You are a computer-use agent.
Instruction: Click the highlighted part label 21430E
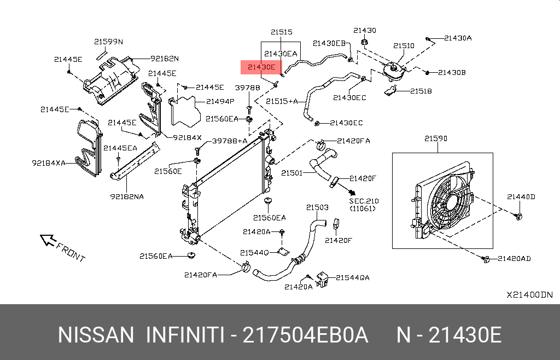tap(260, 67)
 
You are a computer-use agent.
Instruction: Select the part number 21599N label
tap(108, 42)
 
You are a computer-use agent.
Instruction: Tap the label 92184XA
tap(49, 162)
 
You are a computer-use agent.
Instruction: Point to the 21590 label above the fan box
tap(435, 138)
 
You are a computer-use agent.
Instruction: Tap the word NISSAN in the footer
tap(95, 335)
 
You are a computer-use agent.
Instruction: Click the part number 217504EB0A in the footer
tap(305, 335)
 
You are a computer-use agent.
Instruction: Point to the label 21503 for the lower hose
tap(317, 207)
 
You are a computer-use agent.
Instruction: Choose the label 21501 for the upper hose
tap(291, 173)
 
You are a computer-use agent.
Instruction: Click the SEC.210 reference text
tap(364, 201)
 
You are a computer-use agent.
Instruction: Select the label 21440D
tap(521, 196)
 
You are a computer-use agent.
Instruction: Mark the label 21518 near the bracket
tap(421, 91)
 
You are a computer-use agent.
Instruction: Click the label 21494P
tap(220, 101)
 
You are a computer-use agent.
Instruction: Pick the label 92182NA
tap(127, 196)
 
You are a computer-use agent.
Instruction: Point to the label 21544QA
tap(352, 277)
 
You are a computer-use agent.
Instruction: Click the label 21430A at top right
tap(458, 38)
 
